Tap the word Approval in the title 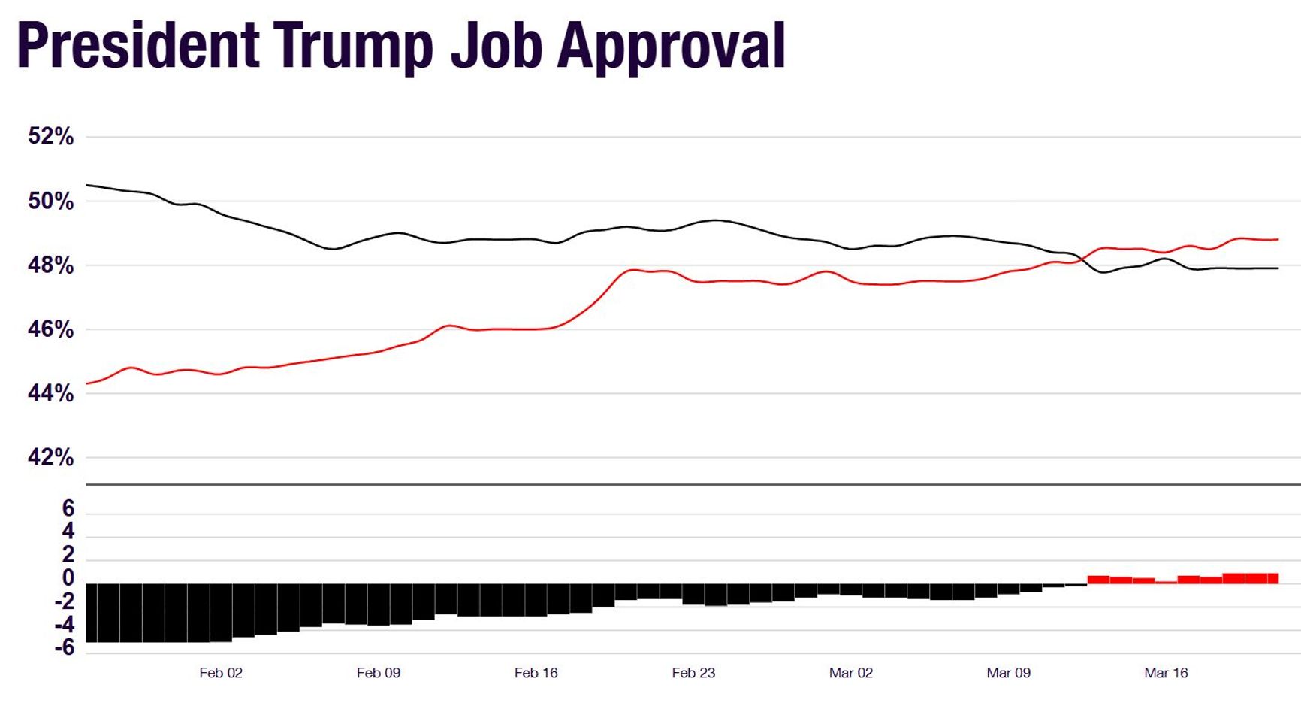(671, 47)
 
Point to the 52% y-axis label (51, 136)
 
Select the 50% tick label (51, 201)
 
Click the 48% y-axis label (51, 265)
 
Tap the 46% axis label (51, 329)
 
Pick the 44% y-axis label (51, 393)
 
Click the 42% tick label (51, 457)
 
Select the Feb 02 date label (221, 673)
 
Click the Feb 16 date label (536, 673)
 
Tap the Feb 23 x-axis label (693, 673)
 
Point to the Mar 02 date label (851, 673)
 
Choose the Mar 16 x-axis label (1166, 673)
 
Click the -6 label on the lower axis (65, 647)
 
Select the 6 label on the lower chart (68, 509)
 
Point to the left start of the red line (88, 383)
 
